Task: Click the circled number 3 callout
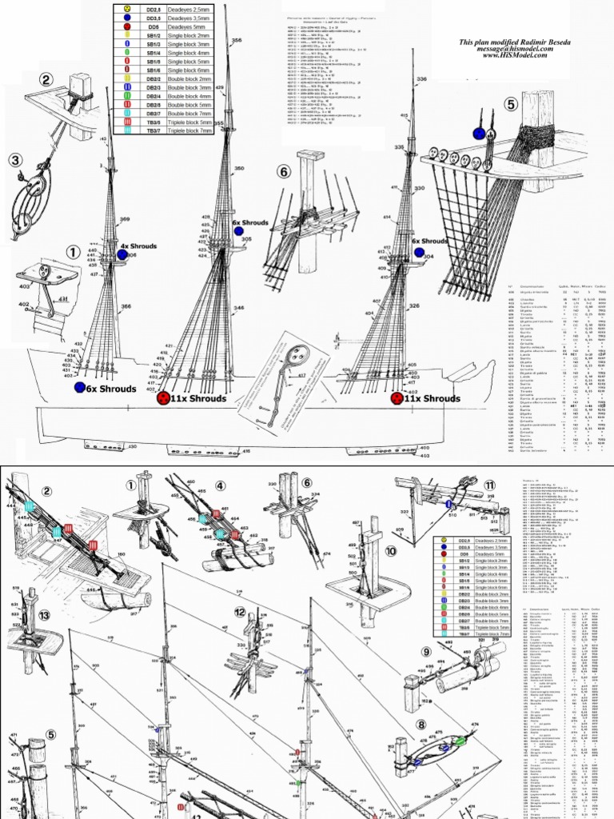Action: coord(15,160)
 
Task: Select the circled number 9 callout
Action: coord(427,651)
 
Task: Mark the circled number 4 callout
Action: coord(220,484)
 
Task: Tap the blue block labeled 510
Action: coord(449,504)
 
